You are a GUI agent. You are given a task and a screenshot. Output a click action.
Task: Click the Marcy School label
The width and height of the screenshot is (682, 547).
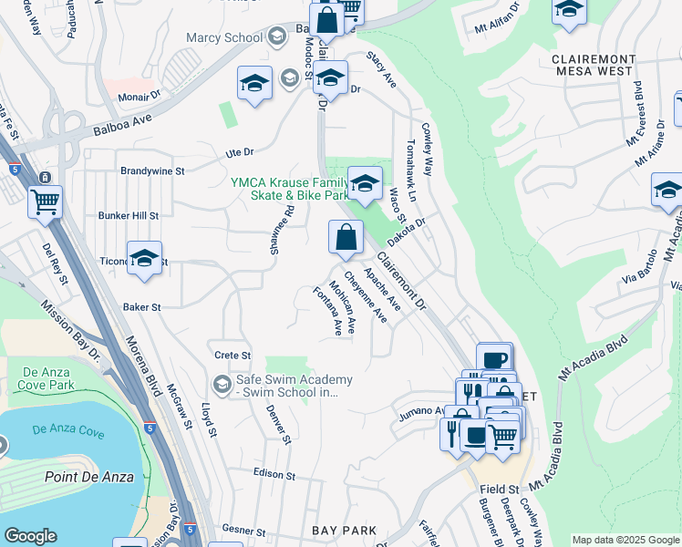(223, 37)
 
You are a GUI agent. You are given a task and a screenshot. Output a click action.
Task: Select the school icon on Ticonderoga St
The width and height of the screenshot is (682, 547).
(144, 261)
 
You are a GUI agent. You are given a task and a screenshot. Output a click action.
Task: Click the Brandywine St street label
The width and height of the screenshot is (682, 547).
(152, 170)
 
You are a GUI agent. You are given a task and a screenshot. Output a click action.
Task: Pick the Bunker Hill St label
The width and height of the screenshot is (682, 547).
(129, 216)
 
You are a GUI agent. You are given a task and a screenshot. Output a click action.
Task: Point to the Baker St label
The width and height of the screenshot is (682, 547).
(141, 308)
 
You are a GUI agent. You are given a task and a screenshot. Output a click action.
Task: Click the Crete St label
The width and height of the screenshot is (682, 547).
(232, 355)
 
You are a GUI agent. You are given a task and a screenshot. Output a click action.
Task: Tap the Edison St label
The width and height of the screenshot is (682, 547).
(274, 475)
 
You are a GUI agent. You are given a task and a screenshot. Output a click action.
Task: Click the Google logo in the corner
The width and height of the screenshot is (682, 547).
(30, 536)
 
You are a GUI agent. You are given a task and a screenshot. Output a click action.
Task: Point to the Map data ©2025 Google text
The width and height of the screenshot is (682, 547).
(625, 540)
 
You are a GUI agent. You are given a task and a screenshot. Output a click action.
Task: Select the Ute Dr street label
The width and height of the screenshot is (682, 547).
(239, 152)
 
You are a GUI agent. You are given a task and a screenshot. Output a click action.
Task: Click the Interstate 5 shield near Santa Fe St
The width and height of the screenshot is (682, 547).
(15, 169)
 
